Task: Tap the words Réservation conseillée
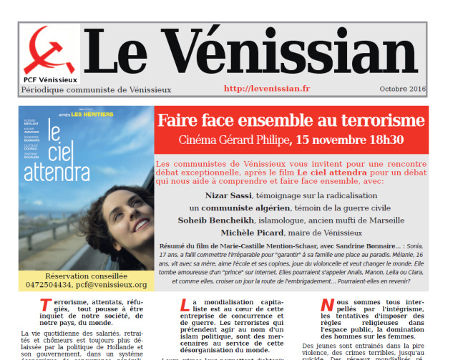pyautogui.click(x=85, y=276)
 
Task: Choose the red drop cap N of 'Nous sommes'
pyautogui.click(x=327, y=305)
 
